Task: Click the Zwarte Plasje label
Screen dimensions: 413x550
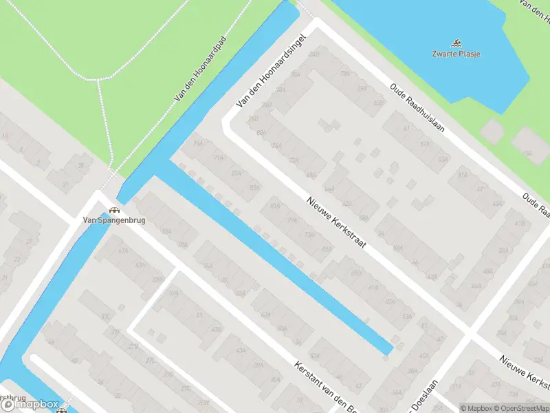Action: pos(456,54)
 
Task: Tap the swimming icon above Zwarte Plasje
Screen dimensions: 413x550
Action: pos(456,43)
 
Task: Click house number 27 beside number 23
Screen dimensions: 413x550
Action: pos(29,242)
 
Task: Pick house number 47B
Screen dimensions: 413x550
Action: pos(217,330)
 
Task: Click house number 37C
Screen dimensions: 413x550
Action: pos(106,316)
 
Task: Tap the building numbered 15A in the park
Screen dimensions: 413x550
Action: pos(527,153)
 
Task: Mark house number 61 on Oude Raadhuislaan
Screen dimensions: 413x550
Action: pos(406,128)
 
